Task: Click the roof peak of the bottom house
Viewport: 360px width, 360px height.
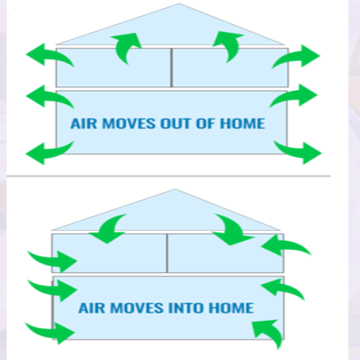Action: tap(176, 190)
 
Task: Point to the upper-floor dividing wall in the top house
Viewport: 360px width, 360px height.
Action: tap(172, 67)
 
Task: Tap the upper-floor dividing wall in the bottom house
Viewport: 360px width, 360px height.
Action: tap(167, 253)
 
